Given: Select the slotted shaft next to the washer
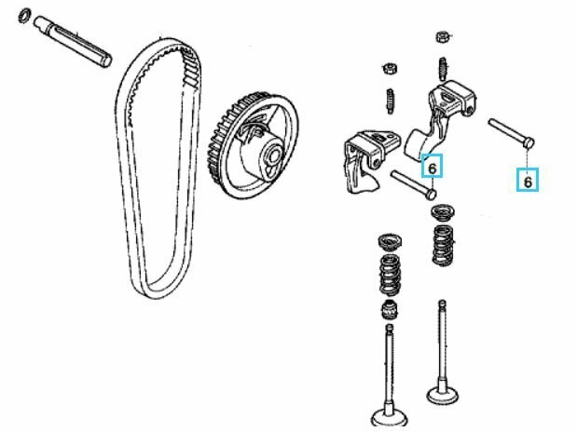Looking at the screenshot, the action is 73,41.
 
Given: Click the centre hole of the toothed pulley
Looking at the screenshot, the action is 274,155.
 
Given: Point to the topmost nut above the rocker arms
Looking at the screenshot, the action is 443,36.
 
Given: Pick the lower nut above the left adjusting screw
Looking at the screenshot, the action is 390,68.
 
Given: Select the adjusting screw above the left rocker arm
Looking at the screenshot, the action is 391,101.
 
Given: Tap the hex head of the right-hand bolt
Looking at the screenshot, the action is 529,142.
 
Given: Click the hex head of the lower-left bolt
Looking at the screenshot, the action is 431,194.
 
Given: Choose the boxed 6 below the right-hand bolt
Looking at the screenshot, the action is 528,180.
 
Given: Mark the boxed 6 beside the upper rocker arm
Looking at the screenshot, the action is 433,166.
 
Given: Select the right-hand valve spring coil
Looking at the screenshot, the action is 444,245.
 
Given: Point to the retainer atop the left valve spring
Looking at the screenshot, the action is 391,241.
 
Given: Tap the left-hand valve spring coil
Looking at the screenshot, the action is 391,274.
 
